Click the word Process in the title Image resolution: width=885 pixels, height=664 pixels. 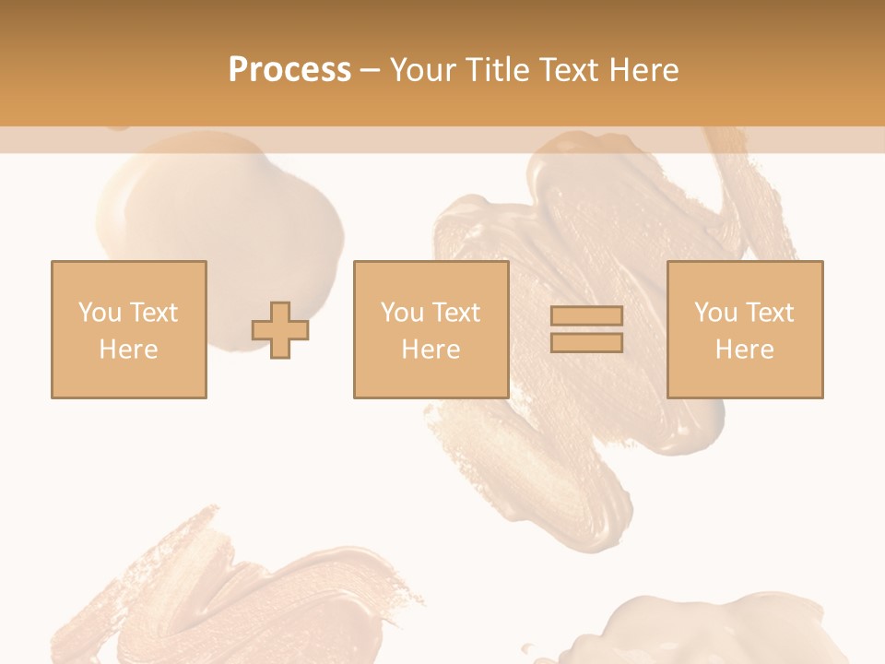pos(289,70)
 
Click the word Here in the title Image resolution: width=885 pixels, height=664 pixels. pos(646,70)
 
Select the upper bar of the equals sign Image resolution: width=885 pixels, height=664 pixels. pos(586,316)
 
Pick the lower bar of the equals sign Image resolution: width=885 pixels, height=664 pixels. pos(586,343)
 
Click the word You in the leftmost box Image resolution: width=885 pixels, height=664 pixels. pos(100,313)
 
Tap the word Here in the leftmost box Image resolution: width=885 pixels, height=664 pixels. pos(128,350)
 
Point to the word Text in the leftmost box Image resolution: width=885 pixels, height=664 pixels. pos(153,313)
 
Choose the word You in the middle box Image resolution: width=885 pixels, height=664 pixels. pos(402,313)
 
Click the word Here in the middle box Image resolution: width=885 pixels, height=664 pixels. pos(431,350)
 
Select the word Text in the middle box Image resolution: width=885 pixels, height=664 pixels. pos(455,313)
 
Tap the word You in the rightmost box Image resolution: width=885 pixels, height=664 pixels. pos(715,313)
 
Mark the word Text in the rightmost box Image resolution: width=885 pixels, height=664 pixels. pos(769,313)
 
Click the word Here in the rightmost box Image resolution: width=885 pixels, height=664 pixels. pos(744,350)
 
